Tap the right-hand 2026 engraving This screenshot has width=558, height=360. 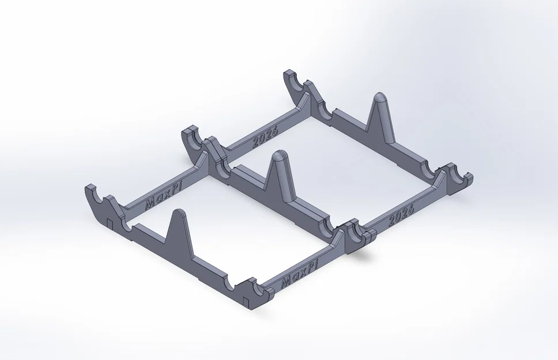pos(402,215)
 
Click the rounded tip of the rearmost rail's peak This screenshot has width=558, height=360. pos(379,97)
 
